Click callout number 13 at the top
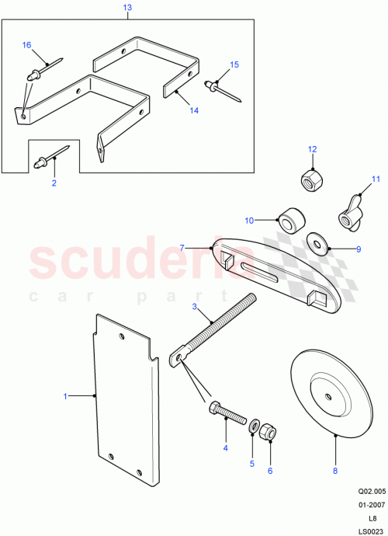click(x=128, y=7)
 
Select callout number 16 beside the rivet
click(x=26, y=46)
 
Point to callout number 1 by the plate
click(x=65, y=396)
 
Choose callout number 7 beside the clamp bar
click(x=182, y=247)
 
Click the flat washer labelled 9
click(x=317, y=242)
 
